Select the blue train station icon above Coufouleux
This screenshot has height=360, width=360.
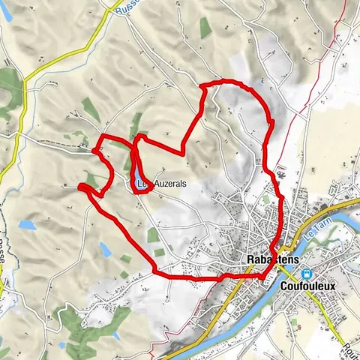pyautogui.click(x=306, y=273)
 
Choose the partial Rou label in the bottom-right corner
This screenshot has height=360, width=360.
pyautogui.click(x=350, y=346)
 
